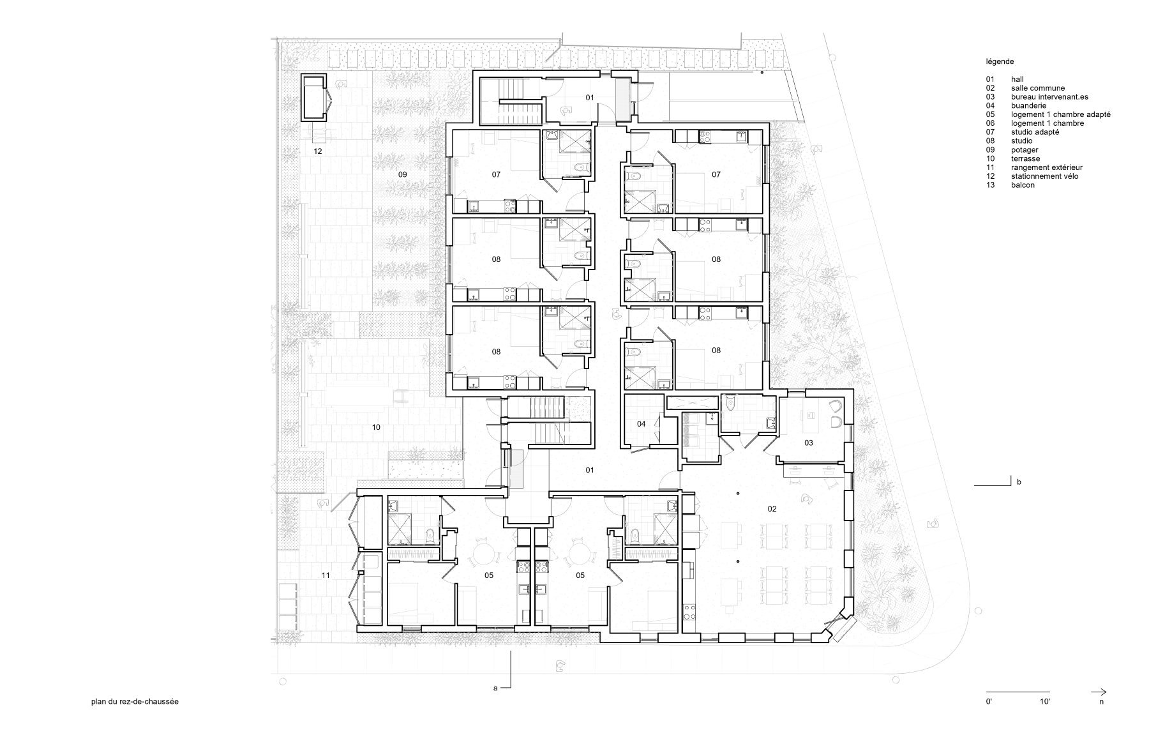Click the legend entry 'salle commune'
click(x=1037, y=88)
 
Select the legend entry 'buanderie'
click(x=1028, y=106)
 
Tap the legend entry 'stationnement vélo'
click(x=1044, y=176)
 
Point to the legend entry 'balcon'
click(x=1023, y=185)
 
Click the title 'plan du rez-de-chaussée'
click(x=135, y=701)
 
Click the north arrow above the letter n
click(x=1099, y=692)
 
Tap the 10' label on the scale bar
click(x=1044, y=701)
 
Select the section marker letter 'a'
click(x=495, y=688)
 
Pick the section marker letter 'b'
click(x=1019, y=482)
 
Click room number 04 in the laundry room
click(x=641, y=424)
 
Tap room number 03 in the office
click(x=808, y=443)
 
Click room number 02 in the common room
click(x=772, y=509)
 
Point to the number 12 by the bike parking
click(x=317, y=151)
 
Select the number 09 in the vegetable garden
click(x=402, y=174)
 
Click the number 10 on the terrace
click(x=376, y=427)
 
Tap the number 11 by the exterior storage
click(x=326, y=575)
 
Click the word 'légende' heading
click(x=1000, y=62)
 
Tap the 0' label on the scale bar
click(x=989, y=701)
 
